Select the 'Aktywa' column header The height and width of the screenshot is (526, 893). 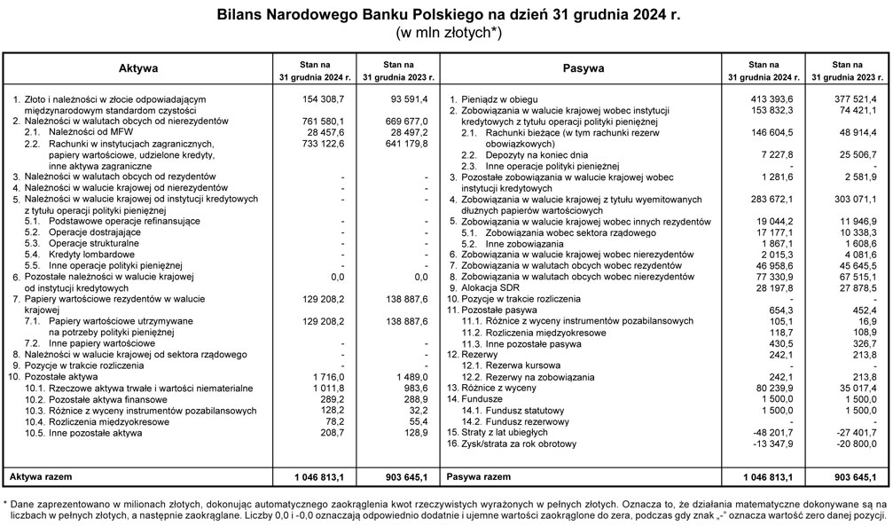(x=138, y=68)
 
